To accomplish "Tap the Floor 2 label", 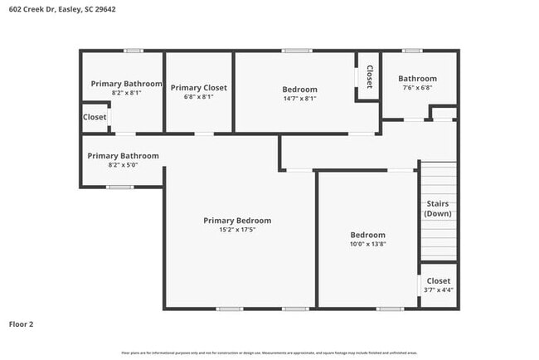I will point(22,324).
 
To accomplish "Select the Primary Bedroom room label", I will point(237,221).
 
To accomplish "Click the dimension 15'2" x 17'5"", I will point(237,230).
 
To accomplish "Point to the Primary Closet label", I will point(198,87).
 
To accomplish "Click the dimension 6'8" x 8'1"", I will point(198,96).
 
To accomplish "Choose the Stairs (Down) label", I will point(437,208).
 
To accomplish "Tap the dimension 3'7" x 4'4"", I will point(439,289).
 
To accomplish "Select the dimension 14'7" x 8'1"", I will point(299,98).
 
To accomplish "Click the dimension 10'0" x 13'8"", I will point(367,244).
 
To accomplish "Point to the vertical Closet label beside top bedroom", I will point(369,76).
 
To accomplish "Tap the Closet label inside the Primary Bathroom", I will point(95,117).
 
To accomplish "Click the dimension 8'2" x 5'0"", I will point(123,165).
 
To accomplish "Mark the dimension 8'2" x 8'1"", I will point(126,93).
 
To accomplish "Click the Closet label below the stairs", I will point(439,280).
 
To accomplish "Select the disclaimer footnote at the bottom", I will point(269,353).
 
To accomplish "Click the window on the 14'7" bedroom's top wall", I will point(296,51).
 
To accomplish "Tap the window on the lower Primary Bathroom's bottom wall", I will point(120,187).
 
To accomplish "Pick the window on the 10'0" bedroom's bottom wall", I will point(390,309).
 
